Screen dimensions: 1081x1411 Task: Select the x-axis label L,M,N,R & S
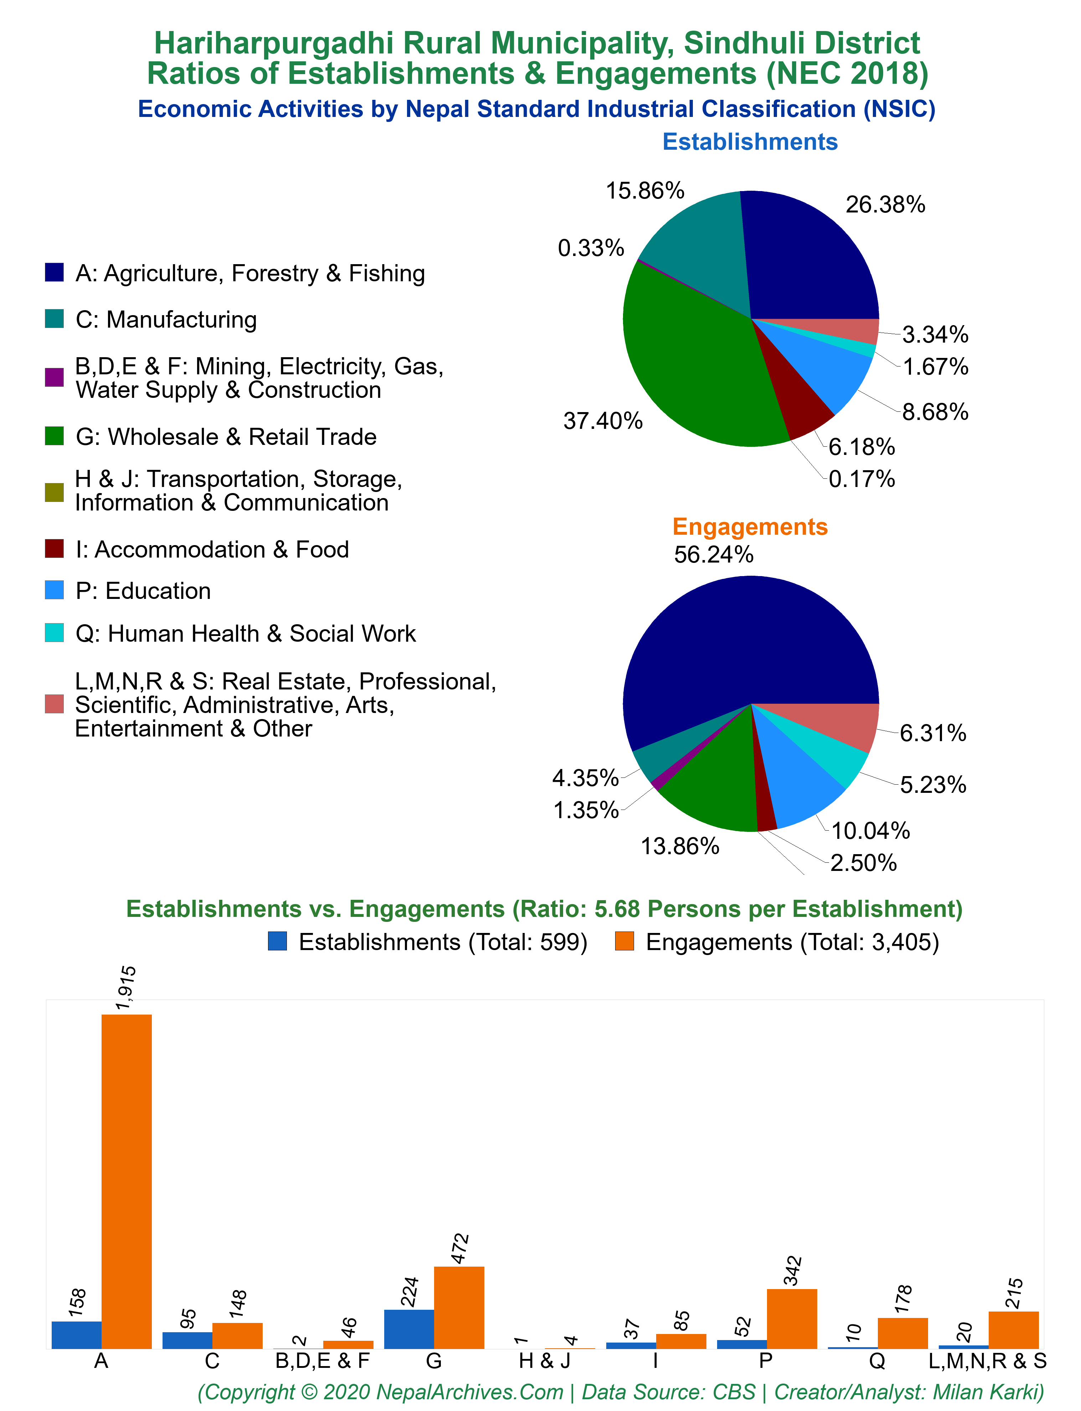pyautogui.click(x=988, y=1361)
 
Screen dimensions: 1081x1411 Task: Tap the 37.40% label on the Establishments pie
pyautogui.click(x=603, y=421)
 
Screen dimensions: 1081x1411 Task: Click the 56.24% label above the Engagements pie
pyautogui.click(x=714, y=555)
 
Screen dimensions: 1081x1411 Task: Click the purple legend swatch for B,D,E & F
pyautogui.click(x=54, y=378)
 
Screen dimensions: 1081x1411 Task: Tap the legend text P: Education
pyautogui.click(x=143, y=591)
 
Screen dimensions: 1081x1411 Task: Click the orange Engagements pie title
pyautogui.click(x=750, y=526)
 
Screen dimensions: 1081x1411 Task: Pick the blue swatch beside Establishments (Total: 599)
pyautogui.click(x=277, y=941)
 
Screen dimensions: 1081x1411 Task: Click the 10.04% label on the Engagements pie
pyautogui.click(x=871, y=831)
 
